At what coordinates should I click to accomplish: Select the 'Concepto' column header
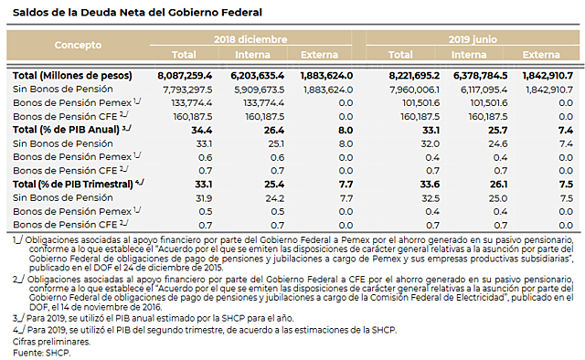tap(77, 45)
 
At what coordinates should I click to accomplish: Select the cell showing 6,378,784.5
tap(482, 74)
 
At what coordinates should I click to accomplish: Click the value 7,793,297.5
tap(186, 89)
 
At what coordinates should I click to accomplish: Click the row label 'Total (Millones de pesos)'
tap(73, 74)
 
